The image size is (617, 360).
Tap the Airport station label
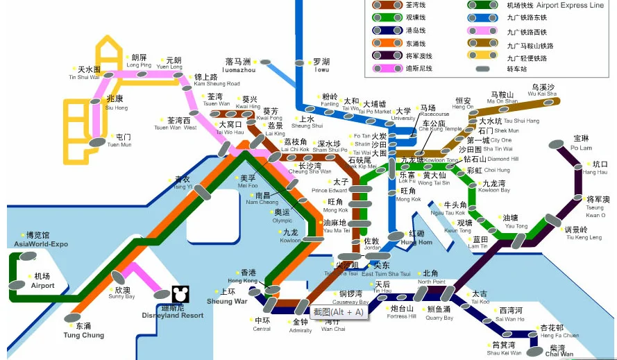tap(42, 281)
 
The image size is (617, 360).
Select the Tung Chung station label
tap(85, 330)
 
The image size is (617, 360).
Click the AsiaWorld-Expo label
tap(41, 240)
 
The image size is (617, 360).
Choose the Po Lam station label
tap(581, 144)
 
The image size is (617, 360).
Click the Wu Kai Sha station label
tap(542, 90)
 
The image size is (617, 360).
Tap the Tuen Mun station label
tap(123, 141)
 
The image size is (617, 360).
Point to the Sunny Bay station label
tap(121, 293)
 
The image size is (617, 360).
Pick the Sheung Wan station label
tap(227, 297)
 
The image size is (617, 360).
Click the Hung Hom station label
tap(416, 238)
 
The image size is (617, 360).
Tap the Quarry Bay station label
tap(439, 314)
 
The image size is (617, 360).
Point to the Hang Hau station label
tap(595, 168)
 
